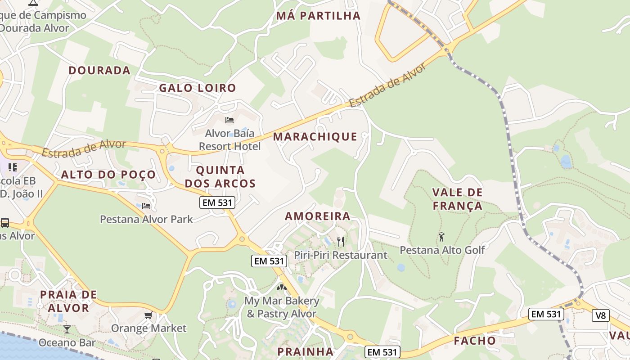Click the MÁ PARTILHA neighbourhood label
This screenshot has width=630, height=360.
tap(318, 16)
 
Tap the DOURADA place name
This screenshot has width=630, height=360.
tap(99, 70)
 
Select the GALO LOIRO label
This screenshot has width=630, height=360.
tap(198, 88)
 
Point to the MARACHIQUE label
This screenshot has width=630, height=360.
tap(315, 136)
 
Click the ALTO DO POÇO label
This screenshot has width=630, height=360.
tap(108, 175)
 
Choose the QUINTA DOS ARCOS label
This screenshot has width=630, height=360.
tap(220, 177)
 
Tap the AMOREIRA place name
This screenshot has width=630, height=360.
tap(318, 216)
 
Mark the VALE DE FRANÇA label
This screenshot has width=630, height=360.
tap(457, 199)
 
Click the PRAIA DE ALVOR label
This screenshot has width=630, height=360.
tap(68, 301)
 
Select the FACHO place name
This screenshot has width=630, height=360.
tap(475, 341)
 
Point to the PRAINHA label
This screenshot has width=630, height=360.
tap(306, 351)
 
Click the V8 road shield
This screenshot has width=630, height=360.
tap(601, 315)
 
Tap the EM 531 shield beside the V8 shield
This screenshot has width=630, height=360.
tap(546, 314)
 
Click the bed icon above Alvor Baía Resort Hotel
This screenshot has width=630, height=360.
tap(229, 120)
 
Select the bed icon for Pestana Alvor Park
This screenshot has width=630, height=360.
tap(146, 206)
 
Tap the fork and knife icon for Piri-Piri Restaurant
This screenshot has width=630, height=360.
tap(341, 242)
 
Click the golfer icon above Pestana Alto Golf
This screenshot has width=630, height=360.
tap(441, 236)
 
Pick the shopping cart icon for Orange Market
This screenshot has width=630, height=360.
tap(148, 315)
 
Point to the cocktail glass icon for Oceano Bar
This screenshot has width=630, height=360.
tap(67, 329)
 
